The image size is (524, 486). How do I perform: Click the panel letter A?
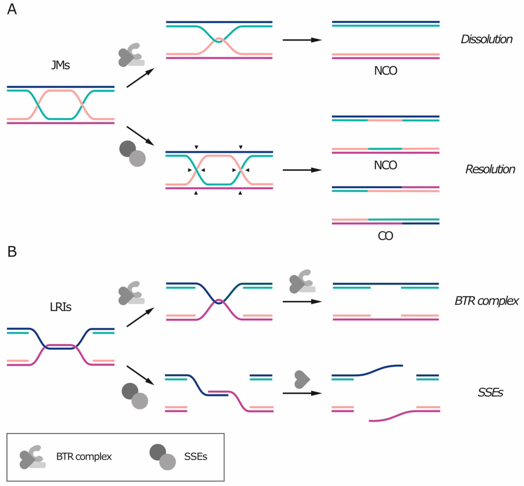pos(12,10)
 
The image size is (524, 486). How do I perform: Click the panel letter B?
pos(12,251)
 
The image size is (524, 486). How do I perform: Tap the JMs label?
pos(60,65)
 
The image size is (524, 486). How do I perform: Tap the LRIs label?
pos(60,307)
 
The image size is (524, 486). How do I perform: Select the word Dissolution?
pos(486,39)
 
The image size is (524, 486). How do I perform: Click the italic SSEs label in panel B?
pos(490,393)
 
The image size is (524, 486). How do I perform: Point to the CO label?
pos(385,236)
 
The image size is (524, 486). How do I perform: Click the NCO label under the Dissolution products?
pos(385,71)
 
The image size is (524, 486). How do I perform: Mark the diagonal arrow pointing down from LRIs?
pos(140,375)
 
